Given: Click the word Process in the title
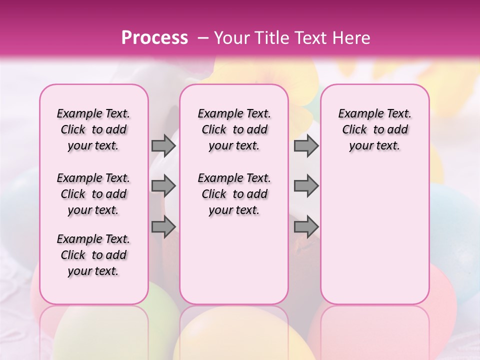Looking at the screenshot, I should pyautogui.click(x=154, y=38).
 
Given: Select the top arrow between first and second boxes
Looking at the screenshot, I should pyautogui.click(x=163, y=145).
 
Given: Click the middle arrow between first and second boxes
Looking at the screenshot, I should pyautogui.click(x=163, y=186).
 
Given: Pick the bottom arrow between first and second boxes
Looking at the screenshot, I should pyautogui.click(x=163, y=226).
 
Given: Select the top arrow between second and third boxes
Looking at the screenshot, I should pyautogui.click(x=306, y=145).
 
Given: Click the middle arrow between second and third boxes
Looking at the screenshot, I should pyautogui.click(x=306, y=186).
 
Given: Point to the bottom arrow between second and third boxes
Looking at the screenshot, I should pyautogui.click(x=306, y=226).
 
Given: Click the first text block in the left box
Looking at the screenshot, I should pyautogui.click(x=93, y=129).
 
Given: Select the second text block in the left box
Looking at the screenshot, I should pyautogui.click(x=93, y=194).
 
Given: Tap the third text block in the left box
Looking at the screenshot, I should pyautogui.click(x=93, y=255).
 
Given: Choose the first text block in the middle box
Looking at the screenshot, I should pyautogui.click(x=234, y=129).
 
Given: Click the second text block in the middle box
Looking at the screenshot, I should pyautogui.click(x=234, y=194).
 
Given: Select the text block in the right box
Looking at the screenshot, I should pyautogui.click(x=375, y=129).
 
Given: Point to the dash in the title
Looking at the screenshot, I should pyautogui.click(x=203, y=38).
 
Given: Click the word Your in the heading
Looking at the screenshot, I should pyautogui.click(x=232, y=38).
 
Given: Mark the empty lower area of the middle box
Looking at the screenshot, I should pyautogui.click(x=234, y=260).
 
